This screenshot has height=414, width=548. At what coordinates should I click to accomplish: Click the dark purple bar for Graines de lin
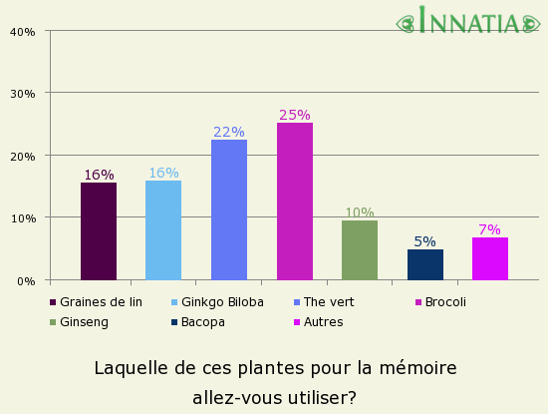click(x=99, y=231)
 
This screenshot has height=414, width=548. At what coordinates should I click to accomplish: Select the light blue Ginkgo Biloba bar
click(x=163, y=230)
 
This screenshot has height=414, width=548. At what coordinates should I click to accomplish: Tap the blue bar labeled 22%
click(x=229, y=209)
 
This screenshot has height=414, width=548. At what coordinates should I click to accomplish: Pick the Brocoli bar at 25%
click(x=295, y=202)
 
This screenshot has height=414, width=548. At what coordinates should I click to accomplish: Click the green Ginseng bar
click(x=360, y=250)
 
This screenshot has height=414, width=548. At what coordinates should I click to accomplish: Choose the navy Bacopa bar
click(x=425, y=264)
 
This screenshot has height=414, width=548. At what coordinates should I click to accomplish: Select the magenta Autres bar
click(x=490, y=258)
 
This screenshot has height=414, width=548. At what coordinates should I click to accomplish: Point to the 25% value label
click(x=295, y=115)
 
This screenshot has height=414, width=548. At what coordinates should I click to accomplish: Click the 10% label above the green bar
click(x=360, y=212)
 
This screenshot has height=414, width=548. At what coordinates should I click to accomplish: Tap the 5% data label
click(x=425, y=241)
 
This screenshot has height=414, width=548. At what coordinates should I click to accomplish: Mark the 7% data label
click(x=490, y=229)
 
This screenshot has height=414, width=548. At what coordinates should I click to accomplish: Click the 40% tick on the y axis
click(x=23, y=32)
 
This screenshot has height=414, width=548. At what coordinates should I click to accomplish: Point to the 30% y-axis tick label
click(x=23, y=94)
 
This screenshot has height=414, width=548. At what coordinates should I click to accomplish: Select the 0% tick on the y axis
click(x=26, y=281)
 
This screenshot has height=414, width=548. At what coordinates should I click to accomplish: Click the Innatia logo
click(x=467, y=21)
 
